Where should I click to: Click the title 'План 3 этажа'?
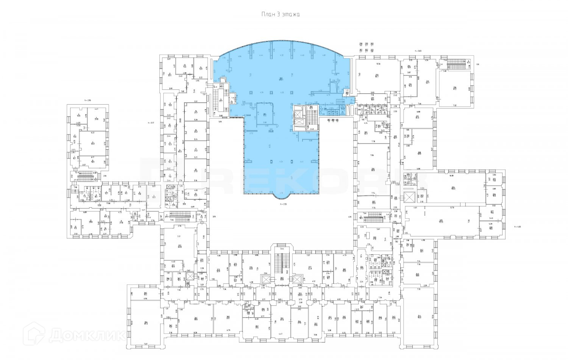[x=281, y=15]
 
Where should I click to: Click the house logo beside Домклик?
[x=36, y=335]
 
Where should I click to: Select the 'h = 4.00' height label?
[x=517, y=227]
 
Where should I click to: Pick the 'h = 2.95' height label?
[x=87, y=100]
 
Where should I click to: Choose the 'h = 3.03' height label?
[x=418, y=51]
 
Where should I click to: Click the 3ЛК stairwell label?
[x=214, y=217]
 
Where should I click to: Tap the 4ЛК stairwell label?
[x=350, y=217]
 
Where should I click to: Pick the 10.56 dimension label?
[x=378, y=64]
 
